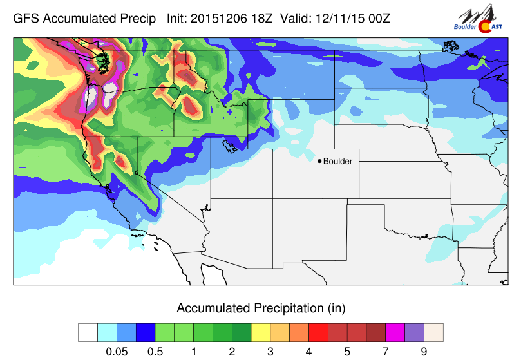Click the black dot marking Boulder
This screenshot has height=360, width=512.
click(x=319, y=161)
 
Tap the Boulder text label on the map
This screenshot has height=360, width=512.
click(x=338, y=161)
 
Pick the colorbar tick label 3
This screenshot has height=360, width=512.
click(x=270, y=351)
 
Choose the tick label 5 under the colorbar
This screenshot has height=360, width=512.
click(x=347, y=351)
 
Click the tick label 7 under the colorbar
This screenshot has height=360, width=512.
click(x=385, y=351)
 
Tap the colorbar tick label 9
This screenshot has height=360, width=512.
click(x=424, y=351)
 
